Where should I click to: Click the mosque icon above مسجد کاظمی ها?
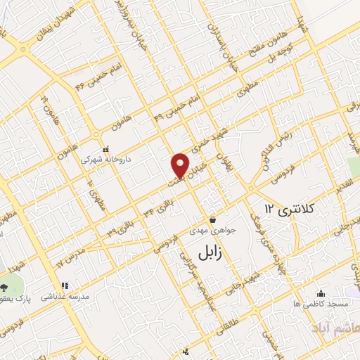pyautogui.click(x=321, y=293)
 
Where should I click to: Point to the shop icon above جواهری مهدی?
pyautogui.click(x=213, y=219)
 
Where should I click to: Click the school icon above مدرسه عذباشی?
pyautogui.click(x=64, y=286)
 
